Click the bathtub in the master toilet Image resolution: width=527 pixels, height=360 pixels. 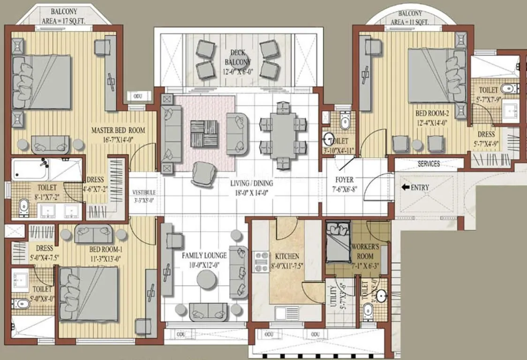point(31,170)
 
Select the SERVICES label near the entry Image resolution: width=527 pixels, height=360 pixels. point(429,164)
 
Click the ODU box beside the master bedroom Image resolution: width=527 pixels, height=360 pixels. point(138,96)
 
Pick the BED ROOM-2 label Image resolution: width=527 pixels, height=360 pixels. point(433,117)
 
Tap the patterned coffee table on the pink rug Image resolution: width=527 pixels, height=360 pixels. point(204,134)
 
